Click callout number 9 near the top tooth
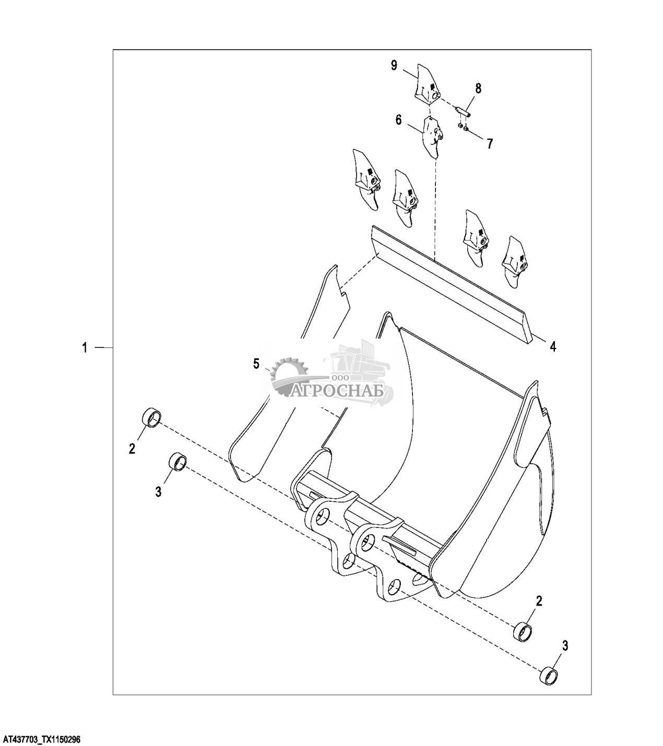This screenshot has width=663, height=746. click(394, 65)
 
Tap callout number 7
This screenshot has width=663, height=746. click(489, 143)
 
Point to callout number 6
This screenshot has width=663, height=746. click(398, 120)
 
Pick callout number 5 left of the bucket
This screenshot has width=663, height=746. click(256, 364)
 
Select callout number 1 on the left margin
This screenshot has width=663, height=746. click(84, 347)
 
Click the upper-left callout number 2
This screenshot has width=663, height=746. click(132, 448)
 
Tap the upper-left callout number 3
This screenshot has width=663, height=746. click(159, 491)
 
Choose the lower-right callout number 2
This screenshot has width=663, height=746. click(539, 601)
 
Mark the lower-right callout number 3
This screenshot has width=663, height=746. click(564, 645)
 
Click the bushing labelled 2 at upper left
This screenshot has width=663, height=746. click(151, 418)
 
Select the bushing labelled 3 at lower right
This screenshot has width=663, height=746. click(549, 676)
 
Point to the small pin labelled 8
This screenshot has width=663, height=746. click(463, 112)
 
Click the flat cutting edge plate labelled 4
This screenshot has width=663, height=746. click(449, 282)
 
